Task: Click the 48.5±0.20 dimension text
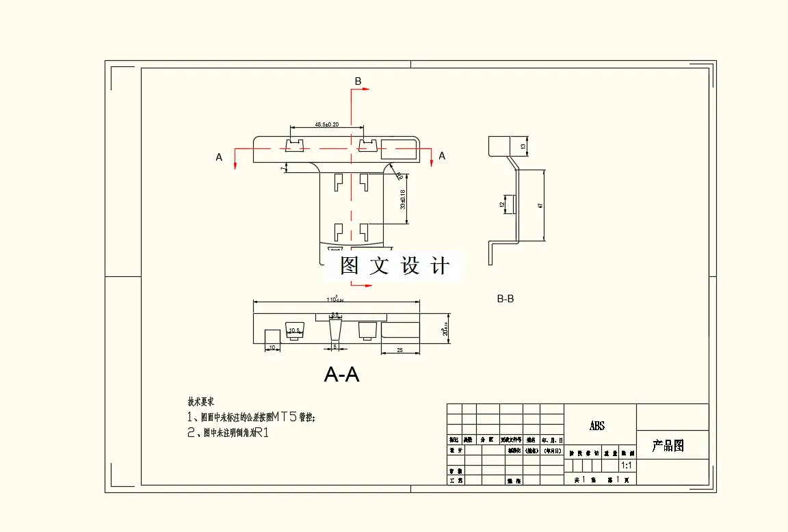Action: click(x=327, y=124)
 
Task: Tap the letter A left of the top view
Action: click(x=219, y=157)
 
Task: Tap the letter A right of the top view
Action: click(x=442, y=156)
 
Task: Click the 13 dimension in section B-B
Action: click(x=523, y=146)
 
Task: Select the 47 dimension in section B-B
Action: click(x=540, y=205)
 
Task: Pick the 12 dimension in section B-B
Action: click(x=501, y=204)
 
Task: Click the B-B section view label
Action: click(x=505, y=299)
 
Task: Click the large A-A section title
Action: click(x=341, y=375)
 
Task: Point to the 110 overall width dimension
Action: click(x=335, y=300)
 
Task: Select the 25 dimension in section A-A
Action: click(x=399, y=350)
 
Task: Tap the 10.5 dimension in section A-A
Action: click(x=294, y=331)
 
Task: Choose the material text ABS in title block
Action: click(x=597, y=426)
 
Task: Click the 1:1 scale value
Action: click(x=625, y=465)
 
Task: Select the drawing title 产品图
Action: click(x=668, y=447)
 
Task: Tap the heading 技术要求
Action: click(x=201, y=401)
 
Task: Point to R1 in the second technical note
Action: click(x=261, y=432)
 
